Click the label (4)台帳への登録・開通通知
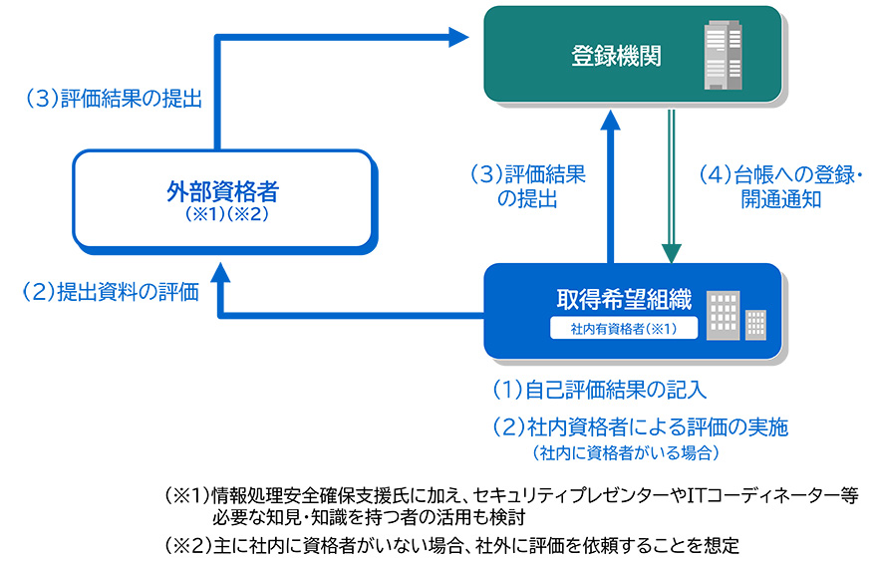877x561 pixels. [x=779, y=186]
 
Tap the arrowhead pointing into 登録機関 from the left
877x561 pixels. [x=458, y=38]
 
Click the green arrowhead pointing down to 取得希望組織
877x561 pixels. [x=672, y=250]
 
